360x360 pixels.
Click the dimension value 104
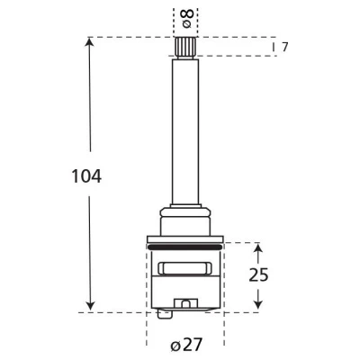click(86, 176)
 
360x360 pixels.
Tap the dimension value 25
click(258, 274)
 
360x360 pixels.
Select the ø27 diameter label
click(186, 345)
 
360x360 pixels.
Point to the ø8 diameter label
click(186, 19)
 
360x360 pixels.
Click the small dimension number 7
click(284, 47)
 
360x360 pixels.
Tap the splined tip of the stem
click(185, 48)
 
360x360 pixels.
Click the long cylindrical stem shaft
click(185, 131)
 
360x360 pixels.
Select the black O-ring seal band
click(185, 247)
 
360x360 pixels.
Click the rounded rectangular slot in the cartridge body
click(185, 268)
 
